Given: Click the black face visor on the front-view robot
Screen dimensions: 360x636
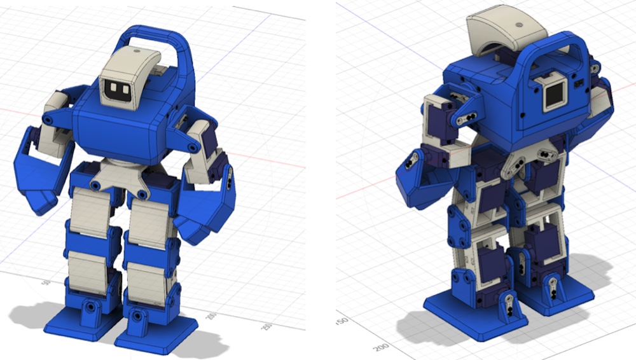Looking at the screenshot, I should pos(119,90).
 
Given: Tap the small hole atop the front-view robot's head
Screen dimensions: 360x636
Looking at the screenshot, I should pos(135,51).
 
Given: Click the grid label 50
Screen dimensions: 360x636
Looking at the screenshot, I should pos(45,282).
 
